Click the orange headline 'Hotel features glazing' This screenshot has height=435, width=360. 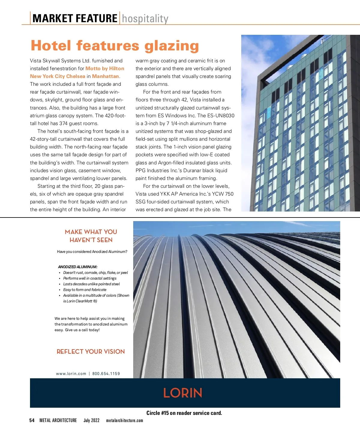point(115,46)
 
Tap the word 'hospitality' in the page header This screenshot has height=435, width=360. point(145,19)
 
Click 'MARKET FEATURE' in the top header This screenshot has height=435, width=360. point(75,19)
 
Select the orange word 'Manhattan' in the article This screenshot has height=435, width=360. point(106,76)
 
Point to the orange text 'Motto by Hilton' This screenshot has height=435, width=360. point(105,68)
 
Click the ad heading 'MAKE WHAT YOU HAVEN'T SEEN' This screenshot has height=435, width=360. point(91,236)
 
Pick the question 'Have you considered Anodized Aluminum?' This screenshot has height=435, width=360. point(92,252)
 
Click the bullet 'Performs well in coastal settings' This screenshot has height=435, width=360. point(90,278)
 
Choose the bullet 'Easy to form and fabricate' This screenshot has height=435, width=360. point(85,290)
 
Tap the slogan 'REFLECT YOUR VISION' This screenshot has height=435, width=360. point(91,352)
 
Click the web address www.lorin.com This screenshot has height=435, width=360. point(71,374)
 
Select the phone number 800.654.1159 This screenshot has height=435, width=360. point(106,374)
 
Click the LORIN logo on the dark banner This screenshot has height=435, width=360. point(183,393)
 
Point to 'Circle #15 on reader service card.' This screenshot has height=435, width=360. point(184,413)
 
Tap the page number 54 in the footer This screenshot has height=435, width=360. point(32,421)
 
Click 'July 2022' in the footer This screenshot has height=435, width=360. point(91,421)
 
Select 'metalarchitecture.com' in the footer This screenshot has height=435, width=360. point(124,421)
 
